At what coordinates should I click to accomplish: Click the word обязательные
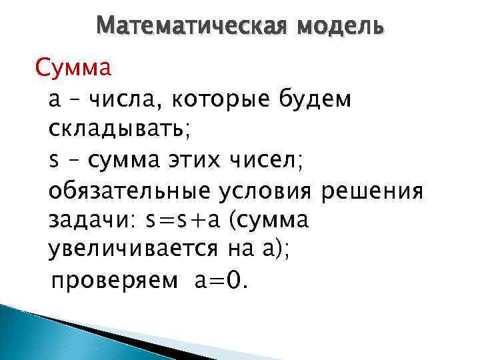130,191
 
